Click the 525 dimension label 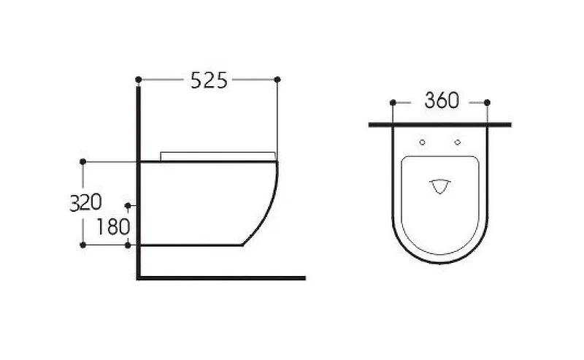click(x=209, y=80)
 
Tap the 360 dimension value click(x=442, y=100)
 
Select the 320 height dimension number click(x=85, y=203)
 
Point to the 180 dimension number click(x=113, y=226)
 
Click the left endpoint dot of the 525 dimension click(x=139, y=80)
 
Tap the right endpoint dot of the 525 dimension click(x=277, y=80)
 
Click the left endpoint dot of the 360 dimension click(x=393, y=102)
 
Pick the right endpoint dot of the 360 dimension click(x=487, y=102)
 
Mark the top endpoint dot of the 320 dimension click(x=83, y=161)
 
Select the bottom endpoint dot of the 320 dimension click(x=83, y=245)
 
